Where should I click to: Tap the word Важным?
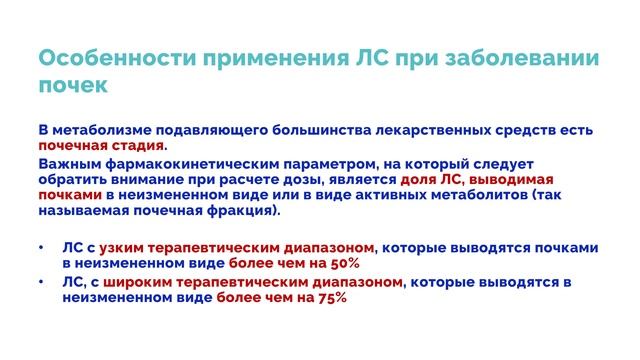pos(68,164)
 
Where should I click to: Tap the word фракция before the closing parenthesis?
pos(240,213)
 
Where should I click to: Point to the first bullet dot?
pos(41,247)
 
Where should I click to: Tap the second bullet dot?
pos(41,282)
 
